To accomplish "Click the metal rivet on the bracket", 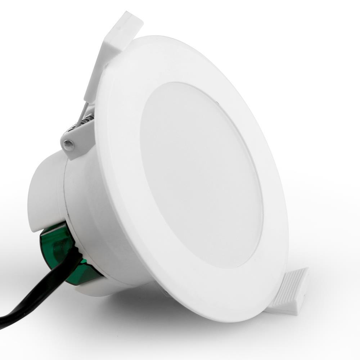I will click(68, 145).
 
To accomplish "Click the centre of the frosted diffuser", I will click(202, 173).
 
